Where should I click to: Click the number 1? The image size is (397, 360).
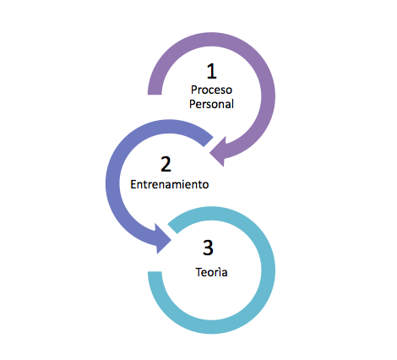pos(212,71)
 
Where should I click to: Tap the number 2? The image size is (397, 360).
pos(166,164)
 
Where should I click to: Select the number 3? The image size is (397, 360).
pos(208,248)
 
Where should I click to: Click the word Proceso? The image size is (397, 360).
pos(211,90)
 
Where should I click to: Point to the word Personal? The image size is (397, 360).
pos(211,104)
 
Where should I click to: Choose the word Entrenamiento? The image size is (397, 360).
pos(170,184)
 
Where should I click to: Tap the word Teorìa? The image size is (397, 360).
pos(211,272)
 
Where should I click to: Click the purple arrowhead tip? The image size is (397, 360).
pos(209,154)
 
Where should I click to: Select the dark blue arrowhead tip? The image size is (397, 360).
pos(171,240)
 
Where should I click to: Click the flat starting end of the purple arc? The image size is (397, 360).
pos(155,95)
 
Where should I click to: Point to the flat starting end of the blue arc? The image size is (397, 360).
pos(209,142)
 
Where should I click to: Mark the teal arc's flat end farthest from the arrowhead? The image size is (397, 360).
pos(155,272)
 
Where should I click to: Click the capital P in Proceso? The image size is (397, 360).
pos(193,90)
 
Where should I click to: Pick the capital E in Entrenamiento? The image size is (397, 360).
pos(133,184)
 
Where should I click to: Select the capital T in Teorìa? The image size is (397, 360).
pos(198,272)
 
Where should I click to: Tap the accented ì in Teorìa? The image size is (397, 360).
pos(219,272)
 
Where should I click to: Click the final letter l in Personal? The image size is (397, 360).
pos(232,104)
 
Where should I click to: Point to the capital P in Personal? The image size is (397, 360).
pos(192,104)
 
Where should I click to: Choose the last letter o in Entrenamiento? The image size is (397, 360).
pos(205,185)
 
